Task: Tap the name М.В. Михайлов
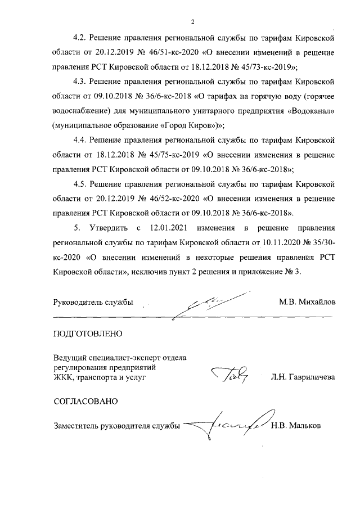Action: [307, 302]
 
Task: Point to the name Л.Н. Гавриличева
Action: [303, 377]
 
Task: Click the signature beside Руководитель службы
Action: [211, 304]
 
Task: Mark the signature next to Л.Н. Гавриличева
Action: [229, 373]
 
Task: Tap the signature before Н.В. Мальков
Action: [225, 425]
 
